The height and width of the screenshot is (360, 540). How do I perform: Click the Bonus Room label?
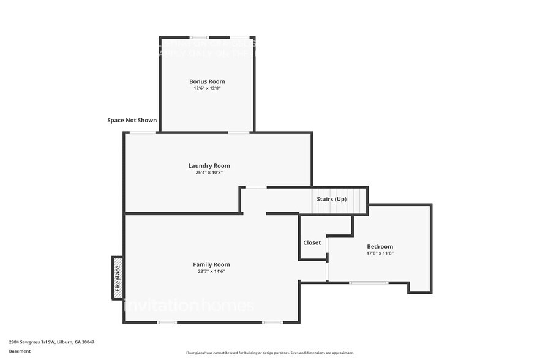point(207,81)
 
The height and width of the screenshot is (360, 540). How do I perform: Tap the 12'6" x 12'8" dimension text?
point(207,88)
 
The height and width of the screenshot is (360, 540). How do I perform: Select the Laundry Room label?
point(209,165)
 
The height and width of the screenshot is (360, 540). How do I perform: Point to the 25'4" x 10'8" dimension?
point(209,172)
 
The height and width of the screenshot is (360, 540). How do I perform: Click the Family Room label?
point(211,264)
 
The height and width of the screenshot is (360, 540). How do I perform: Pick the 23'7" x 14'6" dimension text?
point(211,271)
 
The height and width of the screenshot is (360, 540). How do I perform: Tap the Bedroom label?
point(380,246)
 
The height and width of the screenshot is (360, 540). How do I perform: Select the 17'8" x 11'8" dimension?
point(380,253)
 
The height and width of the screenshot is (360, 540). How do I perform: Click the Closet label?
point(312,242)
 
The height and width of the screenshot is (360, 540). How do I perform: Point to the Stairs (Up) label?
point(331,200)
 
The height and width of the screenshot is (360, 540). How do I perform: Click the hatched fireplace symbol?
point(118,277)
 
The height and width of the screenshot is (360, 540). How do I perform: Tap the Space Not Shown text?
point(132,121)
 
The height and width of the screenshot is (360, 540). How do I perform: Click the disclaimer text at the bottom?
point(269,353)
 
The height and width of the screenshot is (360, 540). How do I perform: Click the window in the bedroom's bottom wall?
point(368,282)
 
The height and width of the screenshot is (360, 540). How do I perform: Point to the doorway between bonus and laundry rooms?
point(239,132)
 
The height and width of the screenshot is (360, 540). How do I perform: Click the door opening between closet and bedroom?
point(328,260)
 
